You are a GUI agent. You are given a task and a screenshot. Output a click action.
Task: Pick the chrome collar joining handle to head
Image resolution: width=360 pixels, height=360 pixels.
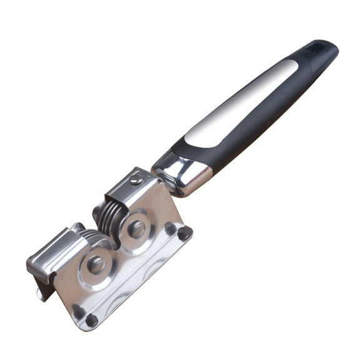coord(185,172)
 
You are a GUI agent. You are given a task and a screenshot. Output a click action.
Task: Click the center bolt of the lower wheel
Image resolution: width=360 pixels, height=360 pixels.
coord(96,264)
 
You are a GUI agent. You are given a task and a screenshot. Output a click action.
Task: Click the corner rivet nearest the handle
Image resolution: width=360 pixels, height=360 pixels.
coord(183,234)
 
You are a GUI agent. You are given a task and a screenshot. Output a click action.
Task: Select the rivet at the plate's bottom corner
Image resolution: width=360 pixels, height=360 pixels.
coord(91,320)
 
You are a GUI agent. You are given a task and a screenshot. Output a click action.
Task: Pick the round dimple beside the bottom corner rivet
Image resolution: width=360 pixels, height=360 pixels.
coord(77,309)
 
